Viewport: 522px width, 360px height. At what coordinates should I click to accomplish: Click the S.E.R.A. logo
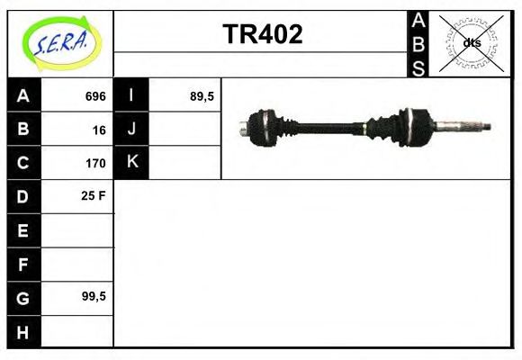pos(59,42)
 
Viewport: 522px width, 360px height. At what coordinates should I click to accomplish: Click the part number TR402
pos(262,35)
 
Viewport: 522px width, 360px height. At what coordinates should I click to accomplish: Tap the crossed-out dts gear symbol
pos(471,42)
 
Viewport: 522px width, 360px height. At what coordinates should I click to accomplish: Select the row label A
pos(23,96)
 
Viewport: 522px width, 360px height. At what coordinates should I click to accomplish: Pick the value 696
pos(95,96)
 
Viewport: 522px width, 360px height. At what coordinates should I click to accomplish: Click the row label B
pos(23,130)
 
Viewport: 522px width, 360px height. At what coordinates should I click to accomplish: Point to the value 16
pos(99,130)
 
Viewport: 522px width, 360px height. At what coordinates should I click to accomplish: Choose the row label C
pos(23,163)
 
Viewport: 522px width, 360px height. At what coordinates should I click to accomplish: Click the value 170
pos(95,163)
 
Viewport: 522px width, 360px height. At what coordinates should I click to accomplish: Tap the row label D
pos(23,196)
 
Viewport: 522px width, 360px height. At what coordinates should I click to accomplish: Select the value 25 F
pos(94,196)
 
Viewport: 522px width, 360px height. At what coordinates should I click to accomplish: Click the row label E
pos(23,230)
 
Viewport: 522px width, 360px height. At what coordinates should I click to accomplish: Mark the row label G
pos(23,297)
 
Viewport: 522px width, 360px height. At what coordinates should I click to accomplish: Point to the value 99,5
pos(94,297)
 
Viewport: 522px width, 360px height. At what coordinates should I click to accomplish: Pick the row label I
pos(131,96)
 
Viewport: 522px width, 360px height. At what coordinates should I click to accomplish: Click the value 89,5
pos(202,96)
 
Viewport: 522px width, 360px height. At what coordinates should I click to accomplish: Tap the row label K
pos(131,163)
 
